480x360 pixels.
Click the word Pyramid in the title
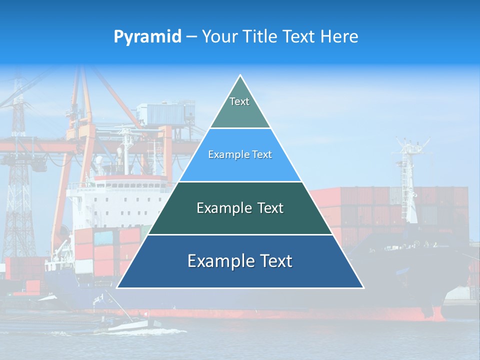pyautogui.click(x=147, y=37)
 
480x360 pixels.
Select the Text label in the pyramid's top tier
pyautogui.click(x=239, y=101)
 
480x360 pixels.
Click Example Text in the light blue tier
pyautogui.click(x=240, y=155)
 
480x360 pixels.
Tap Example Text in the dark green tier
pyautogui.click(x=240, y=208)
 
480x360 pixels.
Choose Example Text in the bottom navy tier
pyautogui.click(x=240, y=261)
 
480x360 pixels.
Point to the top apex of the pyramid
pyautogui.click(x=240, y=75)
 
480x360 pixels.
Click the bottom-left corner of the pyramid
pyautogui.click(x=117, y=287)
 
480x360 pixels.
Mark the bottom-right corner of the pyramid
pyautogui.click(x=363, y=287)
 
